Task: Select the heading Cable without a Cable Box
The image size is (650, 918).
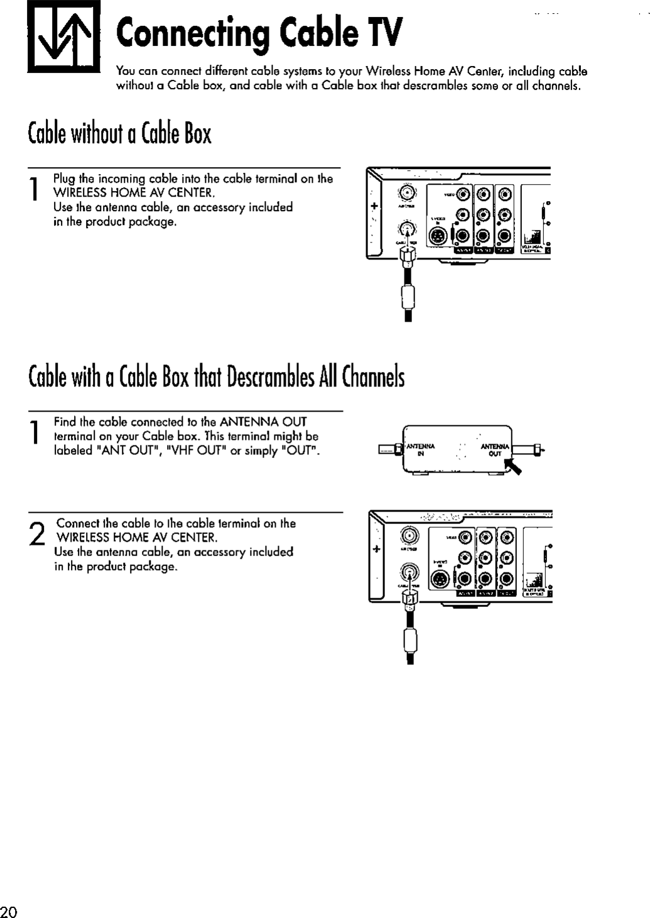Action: tap(120, 133)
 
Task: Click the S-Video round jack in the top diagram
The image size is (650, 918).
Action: tap(438, 236)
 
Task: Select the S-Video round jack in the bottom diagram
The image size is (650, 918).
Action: tap(440, 579)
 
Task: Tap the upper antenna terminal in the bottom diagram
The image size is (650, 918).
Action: tap(410, 536)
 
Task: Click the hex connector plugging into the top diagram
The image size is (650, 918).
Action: tap(408, 256)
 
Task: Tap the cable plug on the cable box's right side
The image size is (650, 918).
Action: tap(537, 448)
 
